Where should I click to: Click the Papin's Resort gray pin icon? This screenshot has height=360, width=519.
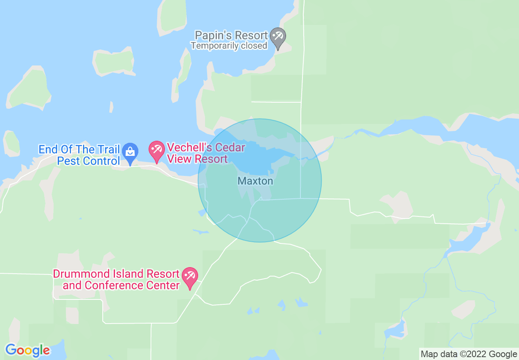pyautogui.click(x=278, y=37)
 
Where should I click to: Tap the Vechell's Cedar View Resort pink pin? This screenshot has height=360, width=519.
pyautogui.click(x=156, y=150)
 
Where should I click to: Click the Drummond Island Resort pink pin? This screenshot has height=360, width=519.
pyautogui.click(x=190, y=277)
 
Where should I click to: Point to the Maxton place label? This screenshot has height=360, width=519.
pyautogui.click(x=255, y=181)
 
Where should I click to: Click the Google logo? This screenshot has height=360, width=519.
pyautogui.click(x=27, y=350)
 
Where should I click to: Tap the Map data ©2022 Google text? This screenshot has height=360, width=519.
pyautogui.click(x=469, y=354)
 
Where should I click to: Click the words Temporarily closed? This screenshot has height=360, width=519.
pyautogui.click(x=229, y=46)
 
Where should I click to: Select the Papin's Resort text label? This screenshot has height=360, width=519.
pyautogui.click(x=231, y=35)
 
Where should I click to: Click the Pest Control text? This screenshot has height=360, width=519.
pyautogui.click(x=88, y=161)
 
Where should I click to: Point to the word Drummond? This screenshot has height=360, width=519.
pyautogui.click(x=81, y=274)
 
